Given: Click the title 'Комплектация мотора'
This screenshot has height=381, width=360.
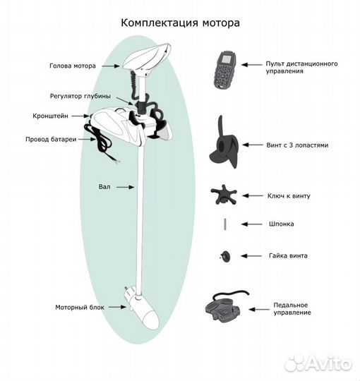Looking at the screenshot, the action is click(x=180, y=23).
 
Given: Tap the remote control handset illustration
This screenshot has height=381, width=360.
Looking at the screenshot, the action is click(x=225, y=70).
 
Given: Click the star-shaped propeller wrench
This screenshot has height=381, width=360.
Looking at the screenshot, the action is click(x=224, y=195).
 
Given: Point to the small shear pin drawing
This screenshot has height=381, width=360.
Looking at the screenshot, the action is click(x=225, y=224).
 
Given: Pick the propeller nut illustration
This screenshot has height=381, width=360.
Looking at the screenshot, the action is click(x=225, y=256).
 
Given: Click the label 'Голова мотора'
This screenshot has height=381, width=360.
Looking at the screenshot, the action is click(x=73, y=66).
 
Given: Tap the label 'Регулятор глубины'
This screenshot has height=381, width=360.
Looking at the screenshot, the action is click(x=80, y=96).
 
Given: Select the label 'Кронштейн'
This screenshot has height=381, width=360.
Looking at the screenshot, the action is click(x=50, y=116).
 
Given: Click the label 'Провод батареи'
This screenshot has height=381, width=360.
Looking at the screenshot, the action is click(x=51, y=140).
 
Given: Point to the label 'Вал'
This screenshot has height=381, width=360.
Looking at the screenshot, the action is click(x=104, y=187).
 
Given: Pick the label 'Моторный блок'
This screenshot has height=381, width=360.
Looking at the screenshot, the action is click(x=80, y=308).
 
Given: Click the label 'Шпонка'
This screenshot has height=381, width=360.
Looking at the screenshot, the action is click(x=281, y=224).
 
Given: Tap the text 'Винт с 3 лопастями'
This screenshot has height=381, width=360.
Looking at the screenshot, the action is click(x=297, y=145).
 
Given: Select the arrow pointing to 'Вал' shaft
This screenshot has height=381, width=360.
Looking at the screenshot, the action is click(x=125, y=187).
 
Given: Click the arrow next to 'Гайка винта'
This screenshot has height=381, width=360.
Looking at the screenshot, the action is click(x=251, y=256).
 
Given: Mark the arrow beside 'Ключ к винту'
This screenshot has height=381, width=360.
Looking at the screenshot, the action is click(x=253, y=195).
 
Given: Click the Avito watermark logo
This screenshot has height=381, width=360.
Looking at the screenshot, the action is click(x=318, y=364).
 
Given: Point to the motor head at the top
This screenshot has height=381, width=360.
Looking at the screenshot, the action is click(x=147, y=57).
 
